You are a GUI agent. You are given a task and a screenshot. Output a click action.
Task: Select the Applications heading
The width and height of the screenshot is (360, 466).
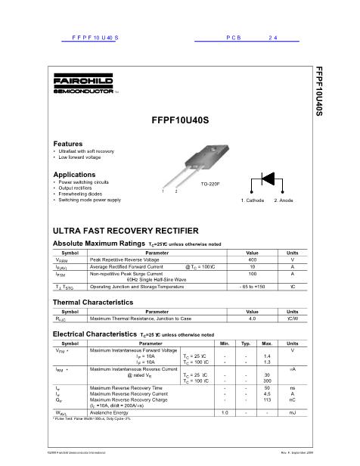(x=74, y=175)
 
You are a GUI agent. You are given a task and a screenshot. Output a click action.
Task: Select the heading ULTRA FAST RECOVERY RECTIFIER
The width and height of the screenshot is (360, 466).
(x=125, y=229)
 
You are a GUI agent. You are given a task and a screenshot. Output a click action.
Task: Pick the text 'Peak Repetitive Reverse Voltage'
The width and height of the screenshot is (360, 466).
(x=124, y=259)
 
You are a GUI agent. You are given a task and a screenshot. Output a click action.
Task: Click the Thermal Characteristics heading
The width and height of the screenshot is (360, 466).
(x=93, y=302)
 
